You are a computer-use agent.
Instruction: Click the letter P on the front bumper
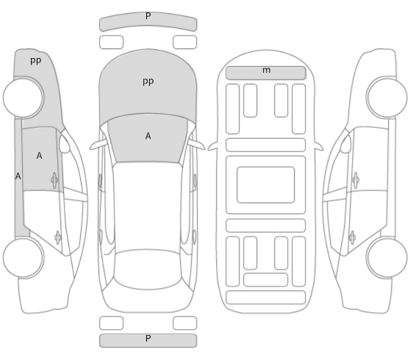148,16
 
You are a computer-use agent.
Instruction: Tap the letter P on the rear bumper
148,339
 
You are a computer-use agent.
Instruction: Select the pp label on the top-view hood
148,82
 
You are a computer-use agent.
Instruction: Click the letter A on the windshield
148,136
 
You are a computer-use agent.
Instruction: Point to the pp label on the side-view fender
35,61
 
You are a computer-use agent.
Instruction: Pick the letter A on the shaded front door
39,156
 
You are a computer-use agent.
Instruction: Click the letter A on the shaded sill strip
18,176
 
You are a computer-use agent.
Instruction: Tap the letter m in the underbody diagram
266,70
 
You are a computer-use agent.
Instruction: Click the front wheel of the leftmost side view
24,97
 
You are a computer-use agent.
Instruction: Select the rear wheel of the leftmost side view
24,257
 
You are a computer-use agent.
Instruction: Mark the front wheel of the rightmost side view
386,97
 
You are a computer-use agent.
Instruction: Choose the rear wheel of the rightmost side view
386,257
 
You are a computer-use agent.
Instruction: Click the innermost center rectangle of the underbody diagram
266,185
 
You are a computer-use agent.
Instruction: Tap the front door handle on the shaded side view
54,180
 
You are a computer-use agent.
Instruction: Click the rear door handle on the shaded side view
58,237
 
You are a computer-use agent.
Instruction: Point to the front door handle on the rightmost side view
356,180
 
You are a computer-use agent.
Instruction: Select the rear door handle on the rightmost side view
352,237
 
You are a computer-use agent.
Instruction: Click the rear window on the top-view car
148,270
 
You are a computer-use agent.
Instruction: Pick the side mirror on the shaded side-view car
65,144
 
